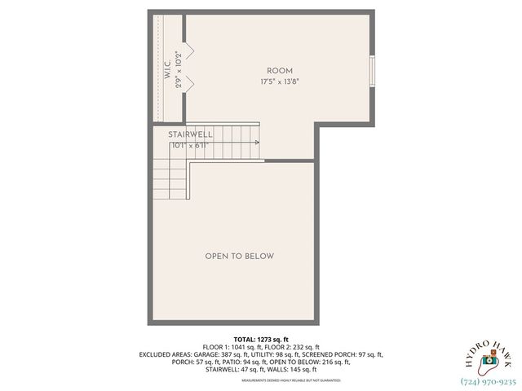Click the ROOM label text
[x=279, y=71]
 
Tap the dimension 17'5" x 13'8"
[x=279, y=82]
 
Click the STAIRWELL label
[x=190, y=134]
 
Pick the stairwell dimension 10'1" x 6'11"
[x=191, y=145]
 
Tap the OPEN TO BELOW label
[x=239, y=256]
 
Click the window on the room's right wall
[x=373, y=70]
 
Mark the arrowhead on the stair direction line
[x=257, y=143]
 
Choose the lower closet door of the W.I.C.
[x=187, y=82]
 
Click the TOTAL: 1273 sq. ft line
[x=261, y=339]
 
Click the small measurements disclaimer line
[x=261, y=380]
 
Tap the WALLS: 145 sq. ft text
[x=295, y=369]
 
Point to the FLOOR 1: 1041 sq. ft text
[x=231, y=347]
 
